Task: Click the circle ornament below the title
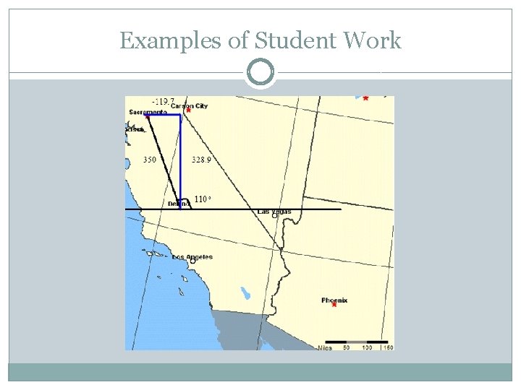260,73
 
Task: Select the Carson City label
190,106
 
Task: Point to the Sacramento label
148,113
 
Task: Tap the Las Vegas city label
274,212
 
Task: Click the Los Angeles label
192,257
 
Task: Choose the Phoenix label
334,300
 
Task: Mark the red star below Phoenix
334,305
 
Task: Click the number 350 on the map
149,160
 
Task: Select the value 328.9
201,160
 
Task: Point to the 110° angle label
202,199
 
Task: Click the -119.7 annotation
163,101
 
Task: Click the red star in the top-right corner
365,98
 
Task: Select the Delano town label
179,204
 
